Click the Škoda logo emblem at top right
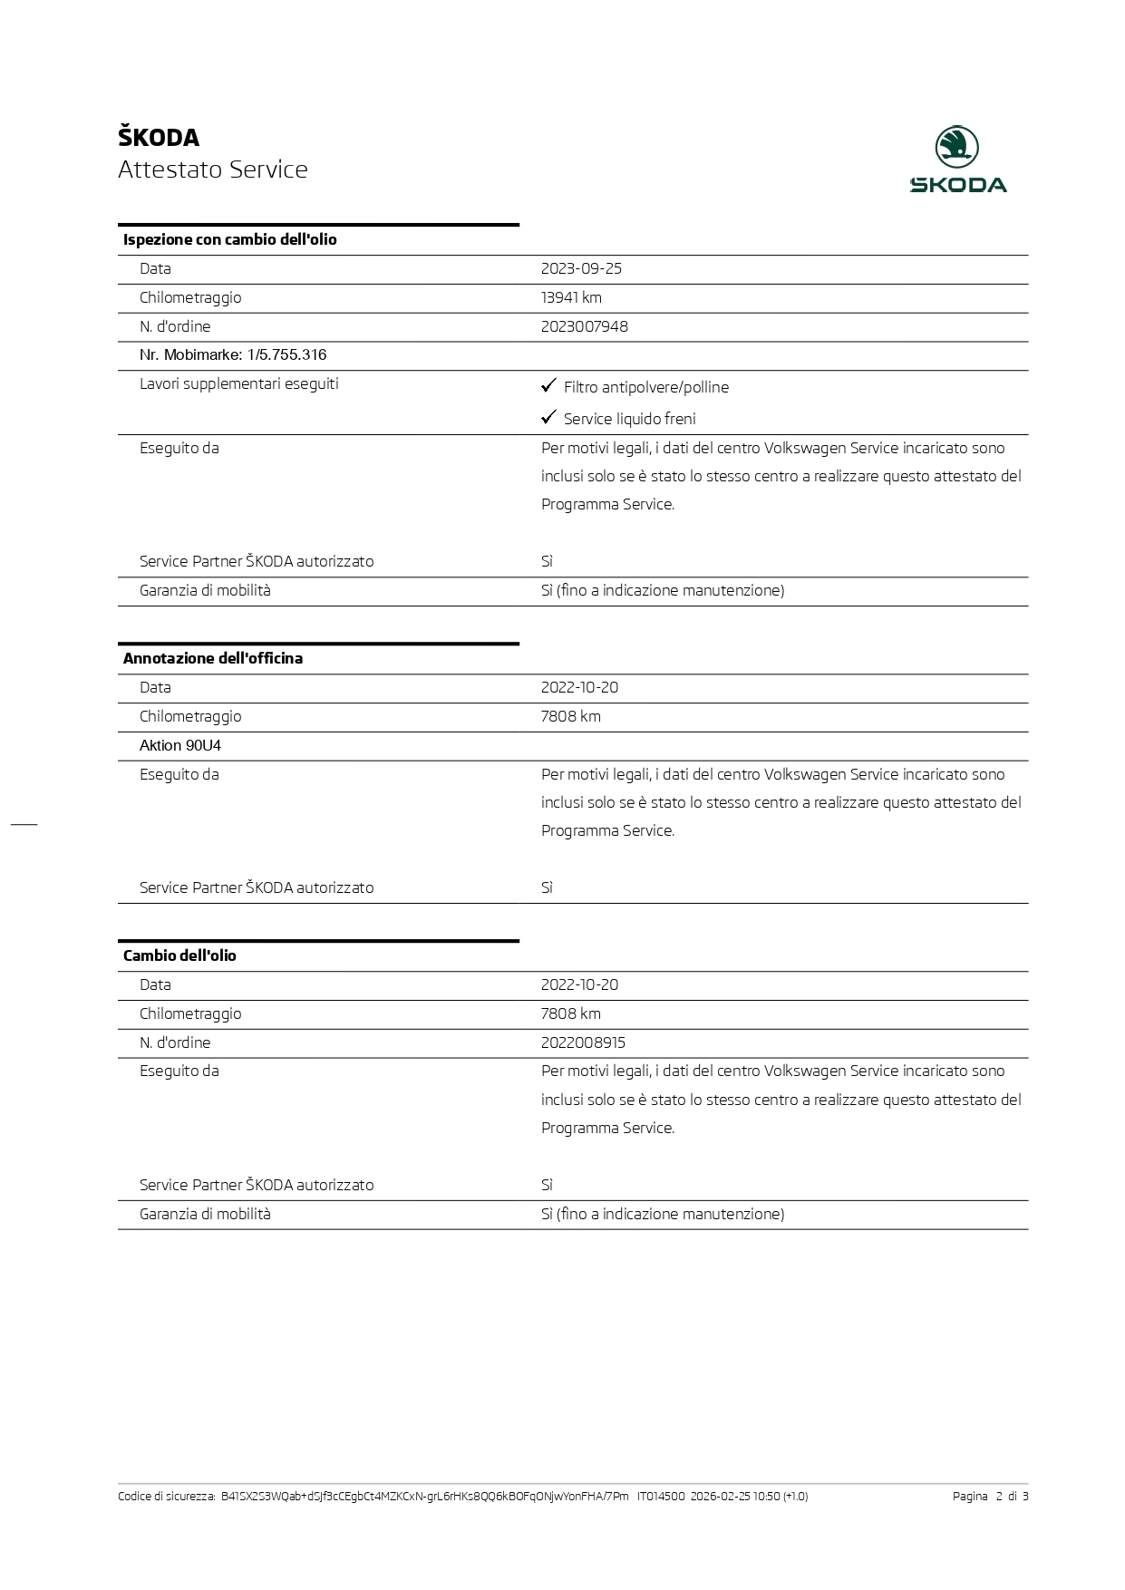[x=957, y=147]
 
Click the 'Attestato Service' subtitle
[x=213, y=170]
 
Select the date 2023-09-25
[x=581, y=268]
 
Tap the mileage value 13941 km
[x=571, y=297]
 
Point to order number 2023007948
[x=584, y=326]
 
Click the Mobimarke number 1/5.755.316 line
[x=233, y=355]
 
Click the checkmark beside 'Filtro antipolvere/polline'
[x=548, y=386]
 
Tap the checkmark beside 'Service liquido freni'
[x=548, y=417]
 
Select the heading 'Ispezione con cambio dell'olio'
[x=230, y=239]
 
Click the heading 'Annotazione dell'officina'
[x=213, y=658]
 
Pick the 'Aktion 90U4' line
[x=180, y=746]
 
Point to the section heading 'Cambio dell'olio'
[x=179, y=955]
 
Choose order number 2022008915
[x=583, y=1042]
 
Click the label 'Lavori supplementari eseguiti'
[x=239, y=383]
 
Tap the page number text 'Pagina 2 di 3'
[x=990, y=1496]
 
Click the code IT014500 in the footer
[x=661, y=1496]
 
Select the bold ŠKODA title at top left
[x=159, y=138]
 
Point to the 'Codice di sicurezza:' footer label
[x=167, y=1496]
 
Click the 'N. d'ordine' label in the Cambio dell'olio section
[x=175, y=1042]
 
